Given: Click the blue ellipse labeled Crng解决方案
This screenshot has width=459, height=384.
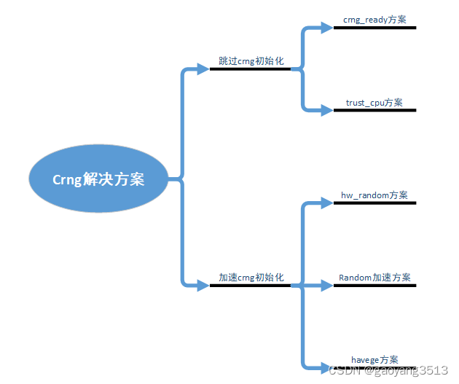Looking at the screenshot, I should [98, 179].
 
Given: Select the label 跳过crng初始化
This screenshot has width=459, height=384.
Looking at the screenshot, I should [250, 61].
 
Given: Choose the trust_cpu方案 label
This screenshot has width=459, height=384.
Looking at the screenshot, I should [374, 103].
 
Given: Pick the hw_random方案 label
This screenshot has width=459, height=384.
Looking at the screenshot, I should [374, 195].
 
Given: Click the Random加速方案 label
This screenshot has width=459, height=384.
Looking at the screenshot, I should [374, 278].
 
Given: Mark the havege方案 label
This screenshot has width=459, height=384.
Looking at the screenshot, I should [374, 360].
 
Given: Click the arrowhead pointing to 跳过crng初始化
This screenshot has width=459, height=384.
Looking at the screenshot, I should [203, 69].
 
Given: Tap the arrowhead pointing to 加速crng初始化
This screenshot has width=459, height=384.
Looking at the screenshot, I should [203, 285].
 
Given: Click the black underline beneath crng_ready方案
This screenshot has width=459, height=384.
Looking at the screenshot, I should [374, 28].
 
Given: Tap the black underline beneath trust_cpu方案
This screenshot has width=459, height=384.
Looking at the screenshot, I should [374, 111].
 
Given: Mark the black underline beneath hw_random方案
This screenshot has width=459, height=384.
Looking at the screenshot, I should [374, 203].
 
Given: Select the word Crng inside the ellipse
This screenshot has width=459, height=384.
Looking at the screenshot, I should [69, 180].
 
